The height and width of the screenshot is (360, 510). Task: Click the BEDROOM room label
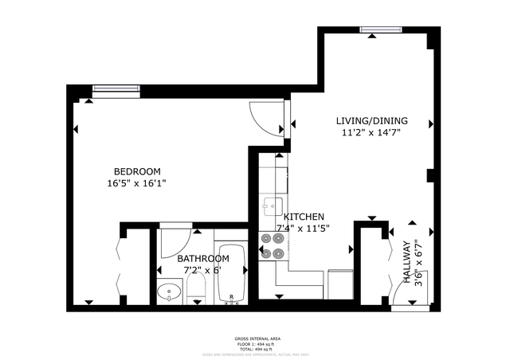[x=137, y=171]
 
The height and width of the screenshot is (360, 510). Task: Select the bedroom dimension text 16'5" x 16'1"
[x=137, y=183]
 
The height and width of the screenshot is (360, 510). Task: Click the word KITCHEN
[x=304, y=217]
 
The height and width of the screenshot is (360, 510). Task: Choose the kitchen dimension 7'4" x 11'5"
[x=303, y=228]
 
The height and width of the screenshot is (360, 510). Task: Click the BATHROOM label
[x=203, y=259]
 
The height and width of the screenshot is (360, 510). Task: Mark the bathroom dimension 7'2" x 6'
[x=203, y=270]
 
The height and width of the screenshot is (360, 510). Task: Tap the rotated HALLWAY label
[x=407, y=256]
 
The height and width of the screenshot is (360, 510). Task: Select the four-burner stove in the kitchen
[x=271, y=245]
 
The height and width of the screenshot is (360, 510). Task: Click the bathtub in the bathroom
[x=232, y=275]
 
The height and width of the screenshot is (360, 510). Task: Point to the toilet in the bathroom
[x=196, y=291]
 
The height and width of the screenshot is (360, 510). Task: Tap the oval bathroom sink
[x=169, y=292]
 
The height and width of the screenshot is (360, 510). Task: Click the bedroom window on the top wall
[x=116, y=89]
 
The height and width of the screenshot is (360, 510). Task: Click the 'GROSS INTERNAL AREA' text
[x=254, y=338]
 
